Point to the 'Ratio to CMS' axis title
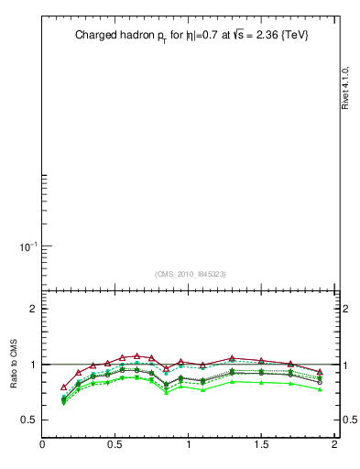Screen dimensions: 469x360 [x=13, y=364]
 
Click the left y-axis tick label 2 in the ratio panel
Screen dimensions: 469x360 [x=31, y=309]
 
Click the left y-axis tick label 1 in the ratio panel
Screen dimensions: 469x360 [x=31, y=365]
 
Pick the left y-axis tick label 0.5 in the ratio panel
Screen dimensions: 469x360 [x=27, y=420]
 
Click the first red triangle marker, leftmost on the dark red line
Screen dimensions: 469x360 [x=63, y=387]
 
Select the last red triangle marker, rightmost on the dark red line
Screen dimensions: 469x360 [x=320, y=372]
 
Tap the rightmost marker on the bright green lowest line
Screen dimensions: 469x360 [x=320, y=389]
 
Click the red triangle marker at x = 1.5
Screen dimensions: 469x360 [x=261, y=361]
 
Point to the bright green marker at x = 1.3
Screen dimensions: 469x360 [x=232, y=381]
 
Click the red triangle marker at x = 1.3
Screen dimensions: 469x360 [x=232, y=358]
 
